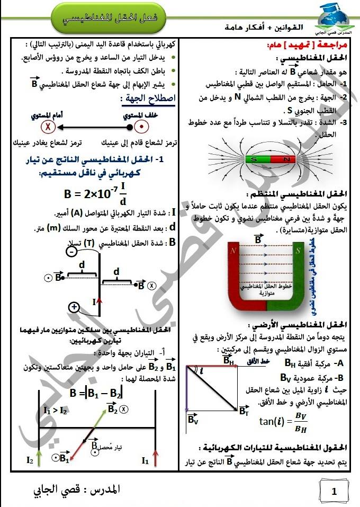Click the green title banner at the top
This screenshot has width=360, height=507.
pyautogui.click(x=110, y=17)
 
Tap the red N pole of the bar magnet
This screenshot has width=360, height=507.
pyautogui.click(x=286, y=158)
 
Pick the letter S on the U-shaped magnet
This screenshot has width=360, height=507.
pyautogui.click(x=299, y=248)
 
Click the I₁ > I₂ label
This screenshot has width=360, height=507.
pyautogui.click(x=56, y=410)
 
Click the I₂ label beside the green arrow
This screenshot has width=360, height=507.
pyautogui.click(x=30, y=460)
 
